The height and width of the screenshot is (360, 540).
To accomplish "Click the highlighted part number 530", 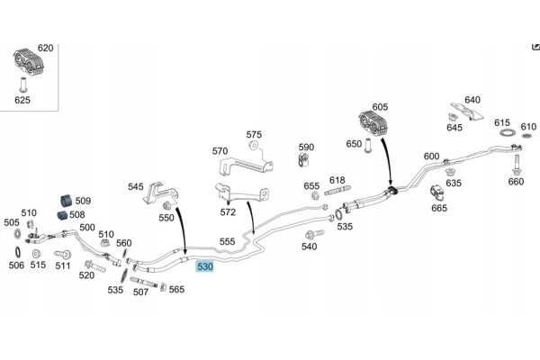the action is coord(204,266).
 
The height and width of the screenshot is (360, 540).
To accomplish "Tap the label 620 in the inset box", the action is coord(46,48).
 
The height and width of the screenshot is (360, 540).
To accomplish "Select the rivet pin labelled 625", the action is coord(23,85).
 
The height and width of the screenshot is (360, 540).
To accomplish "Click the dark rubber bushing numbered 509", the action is coord(66,201).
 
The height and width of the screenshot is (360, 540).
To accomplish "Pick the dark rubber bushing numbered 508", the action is coord(61,215).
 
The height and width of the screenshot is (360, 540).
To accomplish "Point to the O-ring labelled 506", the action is coord(17,253).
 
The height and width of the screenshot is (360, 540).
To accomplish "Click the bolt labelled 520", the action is coord(94,266).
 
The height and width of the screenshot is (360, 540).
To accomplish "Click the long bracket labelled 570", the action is coord(245,166).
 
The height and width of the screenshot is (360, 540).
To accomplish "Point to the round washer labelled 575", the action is coord(254,146).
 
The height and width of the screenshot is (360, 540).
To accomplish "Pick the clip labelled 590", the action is coord(304,160).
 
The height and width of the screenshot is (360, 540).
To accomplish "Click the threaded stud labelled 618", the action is coord(337,190).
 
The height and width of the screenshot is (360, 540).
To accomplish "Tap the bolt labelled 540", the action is coord(314,234).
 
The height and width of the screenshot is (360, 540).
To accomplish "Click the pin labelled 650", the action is coord(368,146).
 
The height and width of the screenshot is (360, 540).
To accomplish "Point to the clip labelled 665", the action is coord(436,193).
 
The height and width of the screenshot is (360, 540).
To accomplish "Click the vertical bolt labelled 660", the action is coord(516,166).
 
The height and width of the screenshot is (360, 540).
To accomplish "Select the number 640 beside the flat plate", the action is coord(472,100).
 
